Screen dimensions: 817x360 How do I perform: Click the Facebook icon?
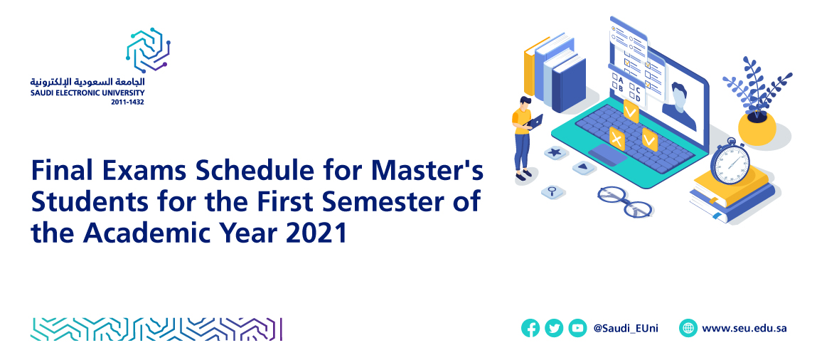tap(530, 328)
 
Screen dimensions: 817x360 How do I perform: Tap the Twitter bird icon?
tap(554, 328)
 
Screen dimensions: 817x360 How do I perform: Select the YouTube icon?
tap(577, 328)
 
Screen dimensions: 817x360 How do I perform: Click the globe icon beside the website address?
tap(688, 328)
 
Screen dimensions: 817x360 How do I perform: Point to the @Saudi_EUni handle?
tap(626, 329)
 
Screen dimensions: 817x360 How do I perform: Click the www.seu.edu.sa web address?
tap(744, 329)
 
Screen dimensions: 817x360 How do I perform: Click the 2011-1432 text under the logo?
tap(128, 102)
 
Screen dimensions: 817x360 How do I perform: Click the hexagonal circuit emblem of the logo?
tap(148, 50)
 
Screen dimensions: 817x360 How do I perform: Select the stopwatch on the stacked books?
tap(730, 162)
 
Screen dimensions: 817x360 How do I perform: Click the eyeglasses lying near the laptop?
tap(625, 201)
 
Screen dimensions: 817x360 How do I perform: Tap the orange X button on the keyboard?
tap(617, 139)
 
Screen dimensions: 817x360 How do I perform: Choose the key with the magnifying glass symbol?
tap(553, 191)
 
